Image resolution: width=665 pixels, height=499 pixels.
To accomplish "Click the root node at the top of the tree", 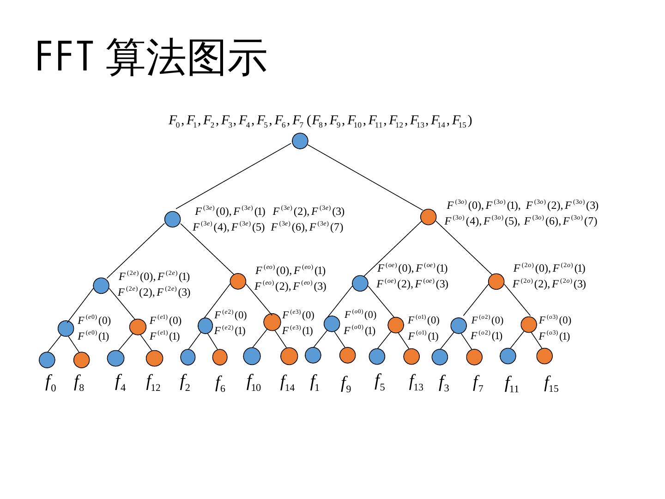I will pos(300,141).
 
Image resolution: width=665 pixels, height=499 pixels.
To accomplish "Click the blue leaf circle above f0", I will pos(47,360).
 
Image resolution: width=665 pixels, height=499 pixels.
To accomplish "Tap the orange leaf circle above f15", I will pos(544,355).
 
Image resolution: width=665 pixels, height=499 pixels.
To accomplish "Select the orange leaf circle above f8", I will pos(81,360).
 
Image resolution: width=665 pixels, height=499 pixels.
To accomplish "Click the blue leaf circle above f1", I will pos(313,355).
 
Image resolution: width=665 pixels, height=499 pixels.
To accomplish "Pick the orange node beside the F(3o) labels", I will pos(428,217).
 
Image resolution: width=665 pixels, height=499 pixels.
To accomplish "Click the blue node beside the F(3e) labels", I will pos(172,219).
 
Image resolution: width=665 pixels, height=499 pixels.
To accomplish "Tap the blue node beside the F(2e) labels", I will pos(101,286).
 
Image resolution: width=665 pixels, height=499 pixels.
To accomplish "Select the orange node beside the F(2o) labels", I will pos(496,281).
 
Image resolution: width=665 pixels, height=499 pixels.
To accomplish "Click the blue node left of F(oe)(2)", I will pos(360,283).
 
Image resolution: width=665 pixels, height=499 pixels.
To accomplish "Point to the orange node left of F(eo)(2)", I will pos(238,281).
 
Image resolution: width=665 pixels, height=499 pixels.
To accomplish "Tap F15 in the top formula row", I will pos(459,122).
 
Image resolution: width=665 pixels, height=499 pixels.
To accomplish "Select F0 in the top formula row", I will pos(174,122).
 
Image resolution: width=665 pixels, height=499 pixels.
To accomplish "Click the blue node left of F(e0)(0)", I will pos(66,328).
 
